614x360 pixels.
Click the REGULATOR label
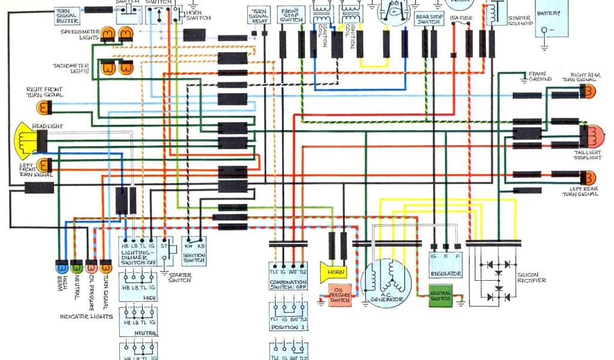pyautogui.click(x=446, y=274)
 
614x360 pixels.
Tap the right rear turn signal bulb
pyautogui.click(x=589, y=92)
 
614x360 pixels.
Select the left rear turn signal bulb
pyautogui.click(x=589, y=178)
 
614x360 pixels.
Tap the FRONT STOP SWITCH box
pyautogui.click(x=291, y=16)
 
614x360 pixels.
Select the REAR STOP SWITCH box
pyautogui.click(x=429, y=19)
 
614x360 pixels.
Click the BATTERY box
pyautogui.click(x=551, y=18)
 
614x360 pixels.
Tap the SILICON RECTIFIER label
pyautogui.click(x=531, y=277)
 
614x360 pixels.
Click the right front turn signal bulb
pyautogui.click(x=44, y=108)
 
